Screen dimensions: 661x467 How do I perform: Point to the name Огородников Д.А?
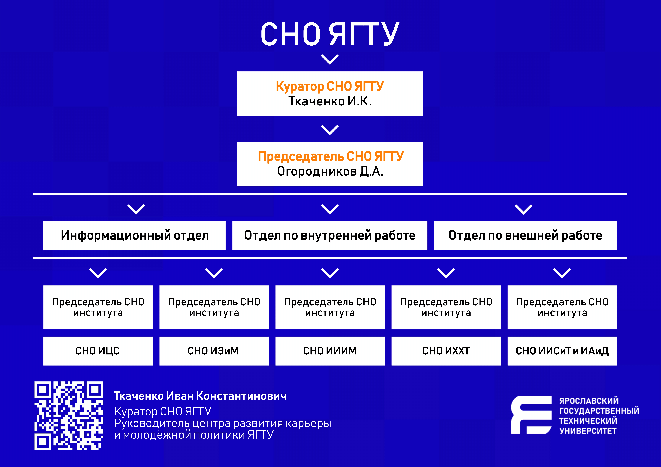tap(330, 171)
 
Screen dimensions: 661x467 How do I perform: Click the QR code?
tap(69, 416)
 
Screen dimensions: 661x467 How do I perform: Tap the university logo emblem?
tap(531, 415)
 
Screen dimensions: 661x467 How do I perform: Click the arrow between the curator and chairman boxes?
tap(330, 130)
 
